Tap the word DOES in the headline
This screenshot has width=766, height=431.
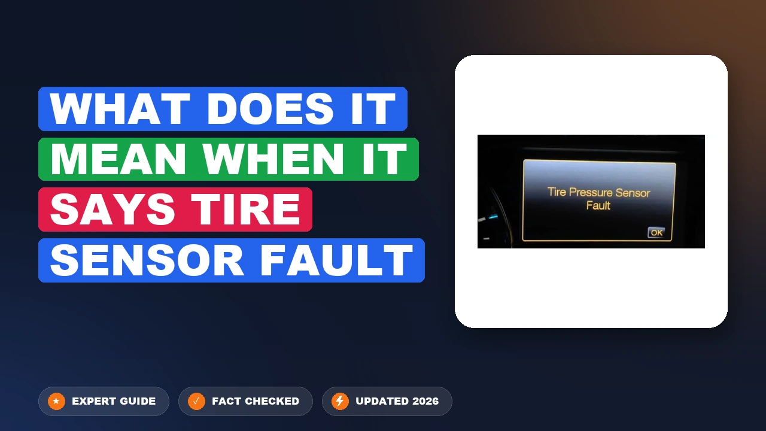(270, 109)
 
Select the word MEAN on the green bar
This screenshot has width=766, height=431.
(118, 159)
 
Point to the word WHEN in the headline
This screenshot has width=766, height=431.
(273, 159)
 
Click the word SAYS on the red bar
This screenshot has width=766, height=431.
(113, 210)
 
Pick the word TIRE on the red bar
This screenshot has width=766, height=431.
(245, 210)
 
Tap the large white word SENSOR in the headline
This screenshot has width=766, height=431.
(147, 260)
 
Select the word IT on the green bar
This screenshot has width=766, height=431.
(384, 159)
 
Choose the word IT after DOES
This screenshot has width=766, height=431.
(373, 109)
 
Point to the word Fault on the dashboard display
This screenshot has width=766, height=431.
(598, 205)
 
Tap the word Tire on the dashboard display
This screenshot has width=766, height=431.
(557, 192)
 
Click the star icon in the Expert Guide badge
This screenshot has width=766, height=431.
(56, 401)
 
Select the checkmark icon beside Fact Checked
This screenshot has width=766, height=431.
(197, 401)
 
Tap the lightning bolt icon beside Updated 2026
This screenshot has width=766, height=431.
(340, 401)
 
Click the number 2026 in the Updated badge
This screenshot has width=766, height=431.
(425, 401)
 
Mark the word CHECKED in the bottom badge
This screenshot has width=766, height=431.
(272, 401)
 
